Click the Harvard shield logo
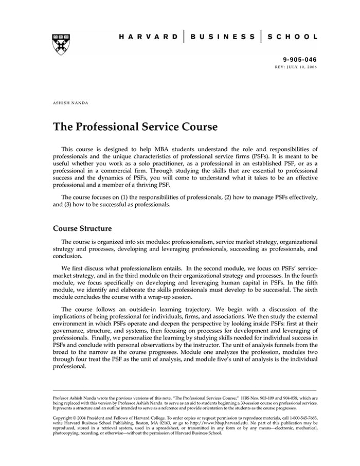(x=61, y=44)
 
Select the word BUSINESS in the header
(x=223, y=37)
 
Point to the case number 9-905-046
(x=300, y=60)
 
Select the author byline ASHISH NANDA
(x=70, y=103)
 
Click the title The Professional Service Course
(x=135, y=127)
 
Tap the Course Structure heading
(x=82, y=228)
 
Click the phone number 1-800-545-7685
(x=302, y=418)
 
